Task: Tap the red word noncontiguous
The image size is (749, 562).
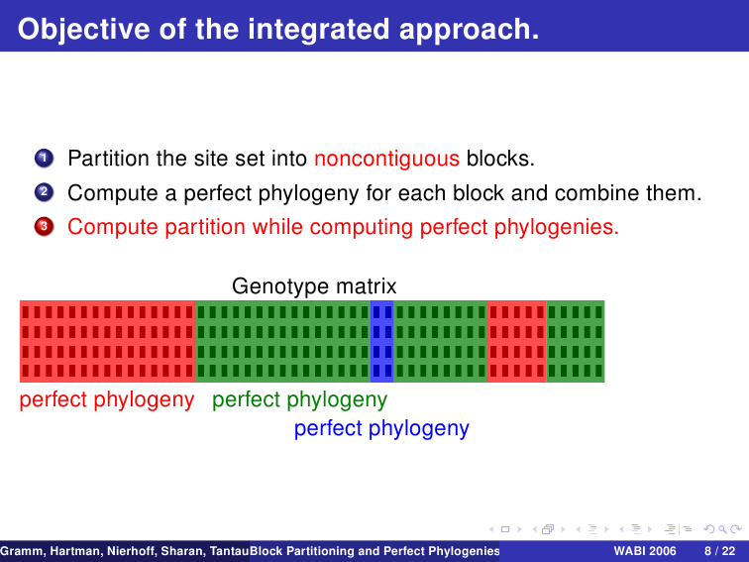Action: (x=387, y=159)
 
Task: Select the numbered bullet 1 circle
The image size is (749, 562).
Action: (x=44, y=158)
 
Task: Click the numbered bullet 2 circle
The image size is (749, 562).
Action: (x=44, y=192)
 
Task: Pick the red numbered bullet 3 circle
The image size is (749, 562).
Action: (x=44, y=227)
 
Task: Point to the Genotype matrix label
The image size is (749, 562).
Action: (x=314, y=286)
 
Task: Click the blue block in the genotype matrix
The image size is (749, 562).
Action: (x=382, y=341)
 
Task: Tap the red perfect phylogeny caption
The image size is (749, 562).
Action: (x=107, y=399)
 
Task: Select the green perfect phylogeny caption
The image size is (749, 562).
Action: (x=299, y=399)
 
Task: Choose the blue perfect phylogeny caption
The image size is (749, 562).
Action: (x=381, y=428)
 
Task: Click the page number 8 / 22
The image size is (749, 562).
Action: (x=720, y=551)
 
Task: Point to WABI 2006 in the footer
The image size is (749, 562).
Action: (x=645, y=551)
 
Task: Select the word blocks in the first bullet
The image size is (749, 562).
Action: (x=500, y=159)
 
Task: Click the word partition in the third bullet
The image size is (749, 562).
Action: (x=205, y=227)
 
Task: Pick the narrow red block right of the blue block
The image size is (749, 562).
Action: (x=517, y=341)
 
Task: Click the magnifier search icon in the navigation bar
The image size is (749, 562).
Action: (x=722, y=529)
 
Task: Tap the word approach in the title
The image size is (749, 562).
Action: (x=469, y=31)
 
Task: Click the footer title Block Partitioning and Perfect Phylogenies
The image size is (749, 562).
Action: (x=374, y=551)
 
